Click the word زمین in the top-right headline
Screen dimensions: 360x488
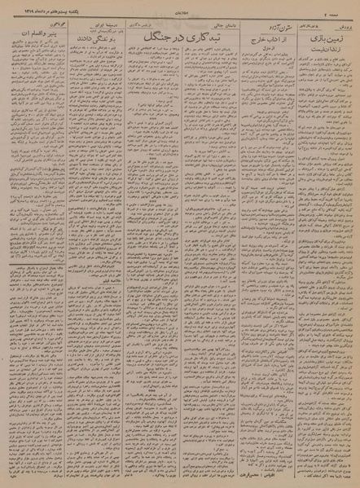[x=340, y=37]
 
